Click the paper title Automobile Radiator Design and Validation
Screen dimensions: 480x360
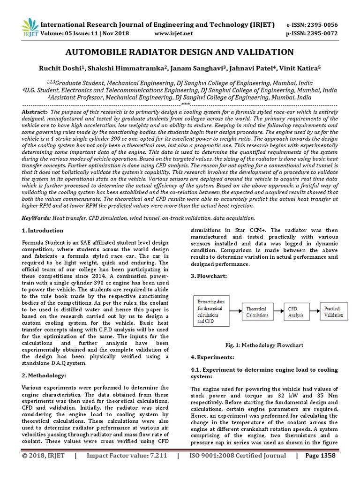coord(180,52)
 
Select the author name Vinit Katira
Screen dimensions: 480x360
coord(302,68)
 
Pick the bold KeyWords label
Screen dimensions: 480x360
coord(37,218)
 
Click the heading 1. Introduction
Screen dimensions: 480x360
coord(43,231)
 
